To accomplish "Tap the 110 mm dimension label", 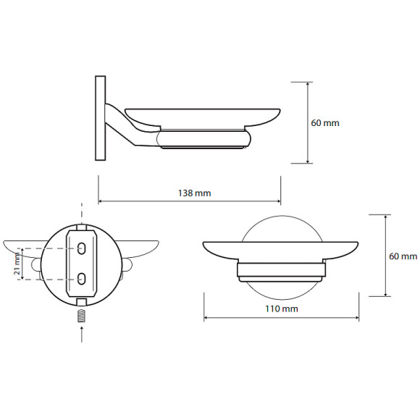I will [281, 309].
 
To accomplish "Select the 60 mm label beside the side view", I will [324, 123].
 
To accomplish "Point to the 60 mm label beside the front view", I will [403, 256].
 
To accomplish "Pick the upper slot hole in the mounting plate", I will [81, 249].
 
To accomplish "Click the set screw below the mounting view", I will [82, 316].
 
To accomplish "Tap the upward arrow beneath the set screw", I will [82, 334].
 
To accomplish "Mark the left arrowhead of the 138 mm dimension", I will [101, 201].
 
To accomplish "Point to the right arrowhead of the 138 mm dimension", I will [279, 201].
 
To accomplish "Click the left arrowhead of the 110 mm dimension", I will [206, 316].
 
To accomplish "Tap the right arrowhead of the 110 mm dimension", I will [360, 316].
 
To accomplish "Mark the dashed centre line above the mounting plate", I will [82, 213].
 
